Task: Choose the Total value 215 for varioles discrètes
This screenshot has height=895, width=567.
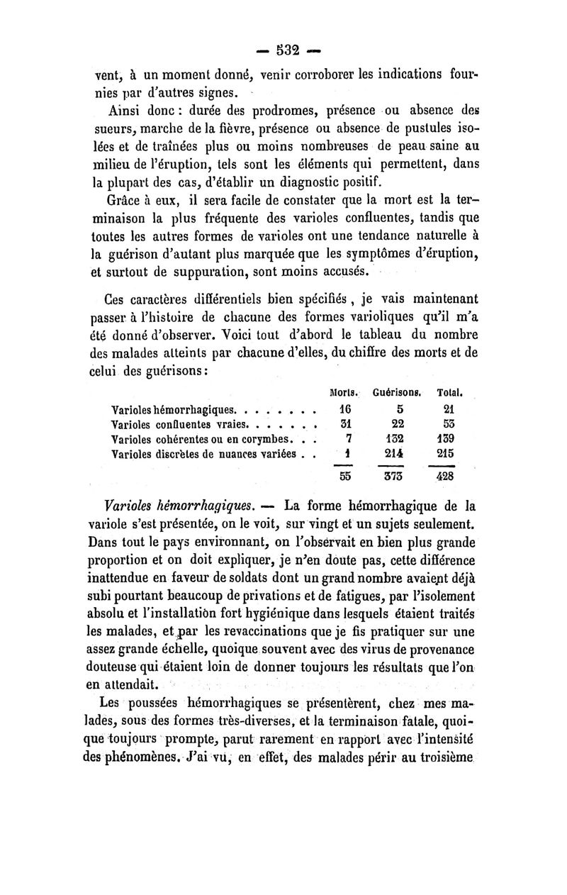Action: click(x=446, y=452)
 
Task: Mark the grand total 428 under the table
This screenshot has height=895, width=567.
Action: click(x=446, y=477)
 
